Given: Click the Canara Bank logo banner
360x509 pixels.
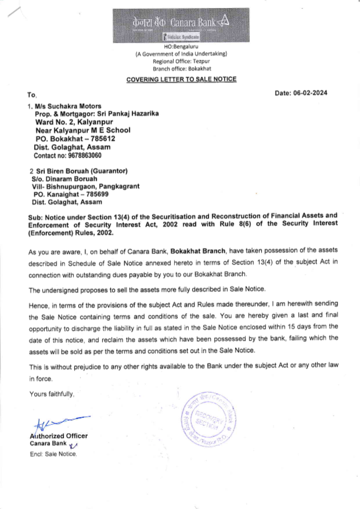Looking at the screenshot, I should click(x=181, y=25).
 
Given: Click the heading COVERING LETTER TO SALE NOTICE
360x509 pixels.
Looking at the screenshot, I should click(x=181, y=79).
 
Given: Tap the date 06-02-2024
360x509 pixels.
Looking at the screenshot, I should click(x=310, y=93).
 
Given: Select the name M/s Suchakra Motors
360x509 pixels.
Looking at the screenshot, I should click(x=68, y=106).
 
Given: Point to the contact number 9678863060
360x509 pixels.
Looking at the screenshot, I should click(x=85, y=156).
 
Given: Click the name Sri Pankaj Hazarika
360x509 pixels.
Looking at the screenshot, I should click(x=128, y=113).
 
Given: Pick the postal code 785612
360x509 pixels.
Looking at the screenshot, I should click(x=103, y=139).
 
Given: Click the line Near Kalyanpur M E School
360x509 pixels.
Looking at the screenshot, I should click(x=83, y=130).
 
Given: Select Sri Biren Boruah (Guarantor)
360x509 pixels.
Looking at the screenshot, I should click(x=82, y=171).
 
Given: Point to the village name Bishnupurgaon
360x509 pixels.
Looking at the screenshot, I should click(x=71, y=187).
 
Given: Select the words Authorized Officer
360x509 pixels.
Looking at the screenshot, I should click(x=59, y=436).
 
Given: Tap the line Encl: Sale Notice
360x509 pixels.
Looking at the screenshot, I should click(x=53, y=454).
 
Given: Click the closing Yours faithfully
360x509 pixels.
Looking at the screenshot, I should click(x=52, y=394).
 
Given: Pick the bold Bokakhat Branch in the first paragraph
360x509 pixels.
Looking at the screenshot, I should click(x=198, y=251).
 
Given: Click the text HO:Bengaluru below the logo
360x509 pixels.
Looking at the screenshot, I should click(x=181, y=47).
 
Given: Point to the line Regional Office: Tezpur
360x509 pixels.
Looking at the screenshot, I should click(x=181, y=61).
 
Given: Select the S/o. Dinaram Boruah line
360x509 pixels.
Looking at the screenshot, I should click(x=64, y=179).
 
